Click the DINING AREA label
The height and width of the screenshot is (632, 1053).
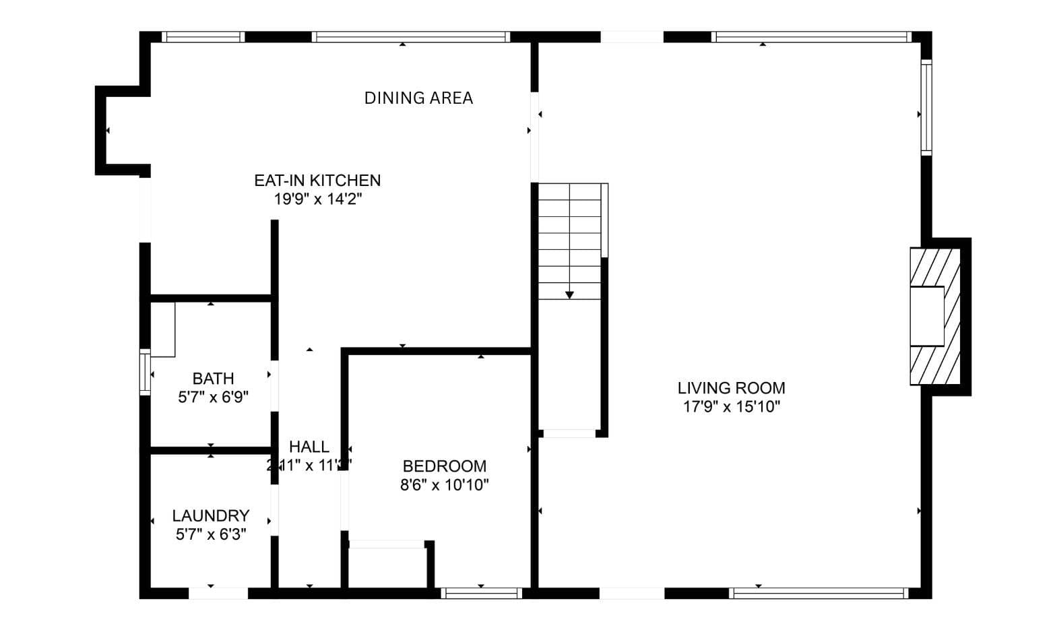coord(418,98)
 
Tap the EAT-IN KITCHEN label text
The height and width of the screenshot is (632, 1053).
coord(317,181)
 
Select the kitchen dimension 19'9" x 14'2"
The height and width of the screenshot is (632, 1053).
coord(318,199)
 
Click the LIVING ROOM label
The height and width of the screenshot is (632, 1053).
coord(731,388)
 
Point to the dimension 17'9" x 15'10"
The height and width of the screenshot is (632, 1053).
coord(731,407)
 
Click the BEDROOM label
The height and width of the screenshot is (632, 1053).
coord(445,466)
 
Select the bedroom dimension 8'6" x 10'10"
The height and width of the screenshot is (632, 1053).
coord(445,485)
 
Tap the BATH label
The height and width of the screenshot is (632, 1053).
coord(213,379)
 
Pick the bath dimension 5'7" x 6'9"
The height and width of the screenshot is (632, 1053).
coord(213,398)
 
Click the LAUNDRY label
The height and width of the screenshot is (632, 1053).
coord(211,516)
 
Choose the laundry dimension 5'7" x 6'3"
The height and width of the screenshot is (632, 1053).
coord(211,535)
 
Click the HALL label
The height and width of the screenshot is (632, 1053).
coord(309,447)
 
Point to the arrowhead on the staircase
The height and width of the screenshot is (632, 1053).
coord(569,294)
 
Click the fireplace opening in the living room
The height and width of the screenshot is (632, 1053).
coord(927,316)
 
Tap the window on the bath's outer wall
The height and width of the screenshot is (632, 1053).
coord(145,371)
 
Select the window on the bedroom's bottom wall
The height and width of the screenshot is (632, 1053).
coord(481,593)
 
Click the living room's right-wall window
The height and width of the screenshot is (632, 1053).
coord(926,108)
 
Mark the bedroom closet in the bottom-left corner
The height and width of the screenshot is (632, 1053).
coord(387,566)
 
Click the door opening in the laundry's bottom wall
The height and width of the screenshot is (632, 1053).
coord(218,594)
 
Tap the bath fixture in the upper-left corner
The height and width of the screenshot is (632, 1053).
coord(162,329)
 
